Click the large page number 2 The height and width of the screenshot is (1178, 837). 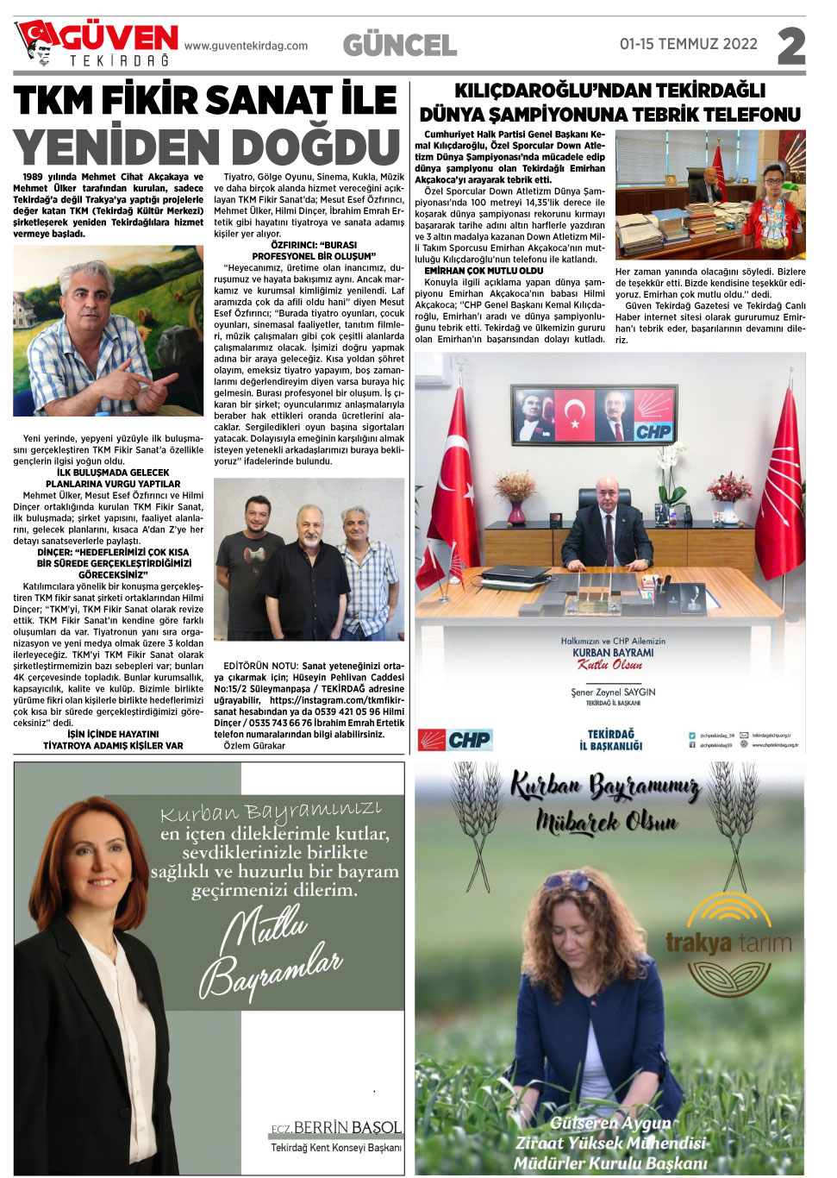click(x=790, y=47)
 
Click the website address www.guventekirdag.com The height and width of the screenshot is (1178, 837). click(x=246, y=47)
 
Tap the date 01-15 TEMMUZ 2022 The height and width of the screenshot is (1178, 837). click(x=688, y=44)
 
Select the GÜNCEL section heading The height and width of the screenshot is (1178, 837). click(x=400, y=46)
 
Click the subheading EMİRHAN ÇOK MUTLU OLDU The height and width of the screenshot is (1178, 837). click(x=484, y=271)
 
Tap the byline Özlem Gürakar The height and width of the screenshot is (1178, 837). click(x=254, y=746)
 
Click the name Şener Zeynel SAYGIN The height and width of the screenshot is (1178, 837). click(x=613, y=692)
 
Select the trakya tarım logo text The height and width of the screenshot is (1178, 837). click(x=728, y=943)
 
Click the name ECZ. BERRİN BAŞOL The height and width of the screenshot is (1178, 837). click(x=336, y=1128)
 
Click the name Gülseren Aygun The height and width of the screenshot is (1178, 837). click(x=610, y=1123)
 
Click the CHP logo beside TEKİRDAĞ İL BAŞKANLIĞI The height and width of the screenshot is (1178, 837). click(x=455, y=740)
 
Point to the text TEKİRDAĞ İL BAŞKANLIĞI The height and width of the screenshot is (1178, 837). click(x=610, y=740)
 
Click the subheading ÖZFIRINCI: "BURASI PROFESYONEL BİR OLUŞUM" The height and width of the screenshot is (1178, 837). click(x=314, y=251)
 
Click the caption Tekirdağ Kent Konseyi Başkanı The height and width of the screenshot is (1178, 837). click(x=336, y=1148)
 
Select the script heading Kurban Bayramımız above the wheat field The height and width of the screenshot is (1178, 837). click(x=606, y=786)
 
